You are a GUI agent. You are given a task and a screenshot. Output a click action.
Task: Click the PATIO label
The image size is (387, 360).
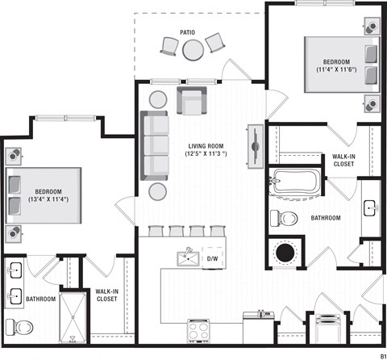tap(187, 32)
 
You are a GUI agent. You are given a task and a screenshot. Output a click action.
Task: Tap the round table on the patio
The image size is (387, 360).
tap(193, 50)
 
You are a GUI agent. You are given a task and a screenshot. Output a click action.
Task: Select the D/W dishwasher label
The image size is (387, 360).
tap(212, 259)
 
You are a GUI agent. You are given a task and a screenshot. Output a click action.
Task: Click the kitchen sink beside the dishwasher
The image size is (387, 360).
tap(188, 258)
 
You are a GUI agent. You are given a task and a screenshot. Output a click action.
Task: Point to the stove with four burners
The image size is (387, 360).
tap(199, 331)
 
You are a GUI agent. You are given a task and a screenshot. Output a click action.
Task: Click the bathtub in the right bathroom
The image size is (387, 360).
tap(295, 182)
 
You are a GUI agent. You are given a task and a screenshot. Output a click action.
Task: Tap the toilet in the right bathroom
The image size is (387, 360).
tap(284, 218)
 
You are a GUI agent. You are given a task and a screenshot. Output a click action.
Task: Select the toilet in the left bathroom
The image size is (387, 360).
tap(19, 327)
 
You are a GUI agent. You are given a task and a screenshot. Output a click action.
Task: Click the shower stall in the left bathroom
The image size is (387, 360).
tap(73, 317)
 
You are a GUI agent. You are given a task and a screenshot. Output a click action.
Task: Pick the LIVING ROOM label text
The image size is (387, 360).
tap(206, 146)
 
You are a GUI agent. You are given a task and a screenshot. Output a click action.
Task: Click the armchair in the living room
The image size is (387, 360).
tap(192, 101)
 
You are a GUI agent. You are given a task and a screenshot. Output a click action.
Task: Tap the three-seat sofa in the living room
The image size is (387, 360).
tap(154, 145)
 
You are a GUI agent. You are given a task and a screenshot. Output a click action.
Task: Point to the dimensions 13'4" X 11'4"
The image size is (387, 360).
tap(48, 199)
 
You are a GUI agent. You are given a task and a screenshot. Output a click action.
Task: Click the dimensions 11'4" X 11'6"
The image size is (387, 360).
tap(336, 69)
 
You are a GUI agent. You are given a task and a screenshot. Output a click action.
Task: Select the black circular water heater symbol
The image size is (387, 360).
tap(285, 253)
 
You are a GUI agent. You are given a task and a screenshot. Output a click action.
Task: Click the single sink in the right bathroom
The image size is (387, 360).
tap(372, 208)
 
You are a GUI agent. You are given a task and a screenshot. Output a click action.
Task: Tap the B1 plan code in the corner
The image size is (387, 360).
tap(383, 356)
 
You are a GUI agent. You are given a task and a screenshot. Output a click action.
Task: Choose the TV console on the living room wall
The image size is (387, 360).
tap(256, 146)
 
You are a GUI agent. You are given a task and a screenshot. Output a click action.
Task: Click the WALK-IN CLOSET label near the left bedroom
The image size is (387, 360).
tap(106, 295)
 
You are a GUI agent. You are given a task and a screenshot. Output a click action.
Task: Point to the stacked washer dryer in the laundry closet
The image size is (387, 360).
tap(329, 329)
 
